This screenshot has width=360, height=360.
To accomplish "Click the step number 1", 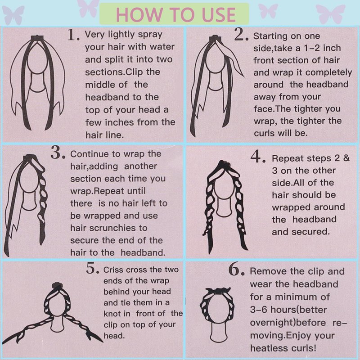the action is coord(73,35).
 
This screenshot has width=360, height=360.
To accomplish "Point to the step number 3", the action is coord(58,153).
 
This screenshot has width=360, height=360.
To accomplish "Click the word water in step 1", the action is coord(162,47).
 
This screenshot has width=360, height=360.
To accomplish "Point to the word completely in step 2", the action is coord(328,73).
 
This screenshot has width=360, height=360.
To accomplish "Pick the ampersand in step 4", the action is coord(346,158).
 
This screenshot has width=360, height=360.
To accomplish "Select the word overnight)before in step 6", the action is coord(288,323).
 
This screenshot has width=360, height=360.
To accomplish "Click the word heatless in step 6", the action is coord(266,348).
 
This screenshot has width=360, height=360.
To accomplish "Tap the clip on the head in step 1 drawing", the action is coord(37,38).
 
